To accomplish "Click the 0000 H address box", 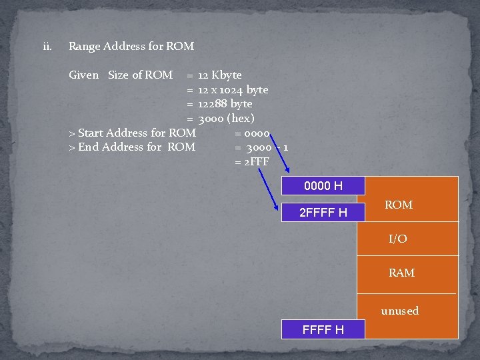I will pos(323,186).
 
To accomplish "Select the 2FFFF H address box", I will pos(323,213).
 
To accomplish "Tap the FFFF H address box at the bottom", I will pos(323,329).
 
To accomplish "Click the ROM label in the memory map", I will pos(399,205).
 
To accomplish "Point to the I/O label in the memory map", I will pos(398,239).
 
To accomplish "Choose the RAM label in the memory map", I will pos(401,273).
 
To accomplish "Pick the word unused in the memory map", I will pos(400,311).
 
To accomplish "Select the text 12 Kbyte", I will pos(220,75).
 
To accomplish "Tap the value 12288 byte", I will pos(225,104).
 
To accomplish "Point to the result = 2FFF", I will pos(253,162).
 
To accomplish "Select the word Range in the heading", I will pos(84,47).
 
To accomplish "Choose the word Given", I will pos(84,75).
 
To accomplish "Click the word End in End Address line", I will pos(88,147).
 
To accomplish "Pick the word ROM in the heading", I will pos(180,47).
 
